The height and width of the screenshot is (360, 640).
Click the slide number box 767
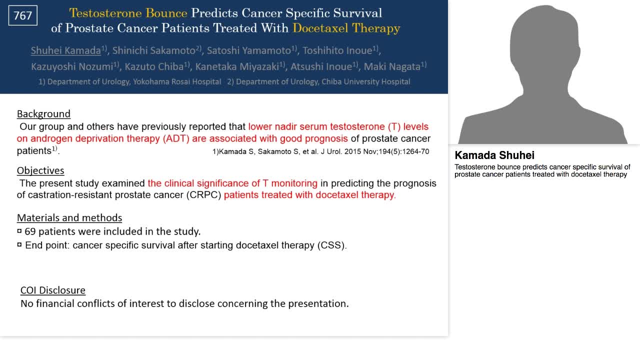point(23,15)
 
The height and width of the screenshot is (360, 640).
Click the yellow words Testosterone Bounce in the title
point(128,13)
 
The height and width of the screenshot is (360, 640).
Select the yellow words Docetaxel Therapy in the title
point(346,28)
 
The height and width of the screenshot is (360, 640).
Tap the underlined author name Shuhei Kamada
point(66,50)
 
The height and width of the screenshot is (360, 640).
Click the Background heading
point(43,113)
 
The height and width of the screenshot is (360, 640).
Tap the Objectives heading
point(40,170)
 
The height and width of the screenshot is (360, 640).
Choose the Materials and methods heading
point(69,217)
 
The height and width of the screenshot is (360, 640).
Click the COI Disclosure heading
point(53,290)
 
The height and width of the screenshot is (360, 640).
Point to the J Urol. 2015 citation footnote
point(320,151)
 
